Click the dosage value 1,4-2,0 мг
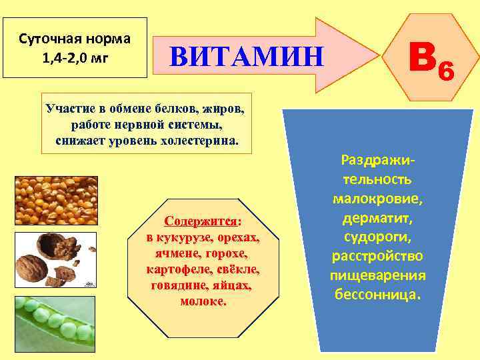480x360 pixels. tap(75, 57)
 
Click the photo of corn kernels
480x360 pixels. tap(56, 199)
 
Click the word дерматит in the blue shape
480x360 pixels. tap(377, 218)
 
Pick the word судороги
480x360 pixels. tap(377, 237)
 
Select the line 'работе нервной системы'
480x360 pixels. tap(146, 124)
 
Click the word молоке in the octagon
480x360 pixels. tap(203, 301)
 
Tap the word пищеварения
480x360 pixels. tap(377, 275)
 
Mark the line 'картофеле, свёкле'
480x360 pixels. tap(203, 269)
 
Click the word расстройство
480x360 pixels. tap(377, 256)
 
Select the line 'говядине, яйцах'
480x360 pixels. tap(203, 285)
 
